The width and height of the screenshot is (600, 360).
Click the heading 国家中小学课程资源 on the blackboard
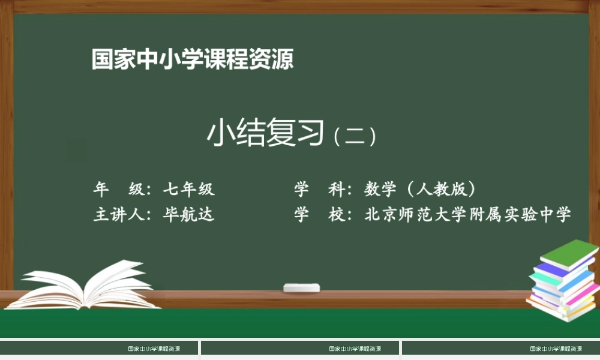pos(193,59)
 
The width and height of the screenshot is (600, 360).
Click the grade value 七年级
pos(188,190)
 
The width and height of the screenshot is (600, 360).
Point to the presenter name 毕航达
pos(188,214)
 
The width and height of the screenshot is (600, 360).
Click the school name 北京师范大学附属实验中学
pos(468,214)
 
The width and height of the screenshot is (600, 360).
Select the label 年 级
pos(118,190)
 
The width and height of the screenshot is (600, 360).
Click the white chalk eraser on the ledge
pos(301,287)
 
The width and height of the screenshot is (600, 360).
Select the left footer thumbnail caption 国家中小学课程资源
pos(154,349)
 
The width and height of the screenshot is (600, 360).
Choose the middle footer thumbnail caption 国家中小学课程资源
pos(355,349)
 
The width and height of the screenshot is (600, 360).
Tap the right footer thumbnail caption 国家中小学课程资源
pos(556,349)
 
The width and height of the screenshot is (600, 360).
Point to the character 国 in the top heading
pos(103,59)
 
